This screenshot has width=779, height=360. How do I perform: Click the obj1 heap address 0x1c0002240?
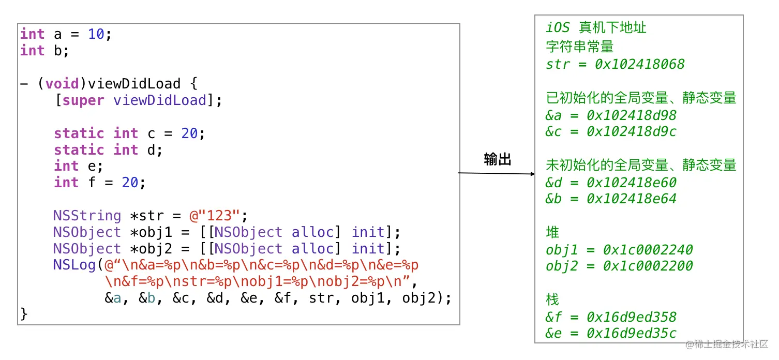tap(648, 250)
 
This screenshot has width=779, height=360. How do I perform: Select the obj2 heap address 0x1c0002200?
tap(648, 266)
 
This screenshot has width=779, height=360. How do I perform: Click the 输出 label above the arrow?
tap(498, 159)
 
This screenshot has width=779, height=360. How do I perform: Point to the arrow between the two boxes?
tap(497, 173)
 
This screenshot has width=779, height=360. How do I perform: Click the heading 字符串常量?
tap(579, 47)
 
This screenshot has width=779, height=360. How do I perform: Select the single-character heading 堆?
tap(552, 232)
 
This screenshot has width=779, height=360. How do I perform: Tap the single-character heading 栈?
tap(552, 299)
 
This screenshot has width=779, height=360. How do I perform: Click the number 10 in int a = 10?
tap(96, 35)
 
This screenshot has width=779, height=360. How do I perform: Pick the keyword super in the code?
tap(83, 100)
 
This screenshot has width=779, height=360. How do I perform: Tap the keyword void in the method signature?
tap(62, 84)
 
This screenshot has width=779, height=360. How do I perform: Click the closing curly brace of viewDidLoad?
tap(24, 314)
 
